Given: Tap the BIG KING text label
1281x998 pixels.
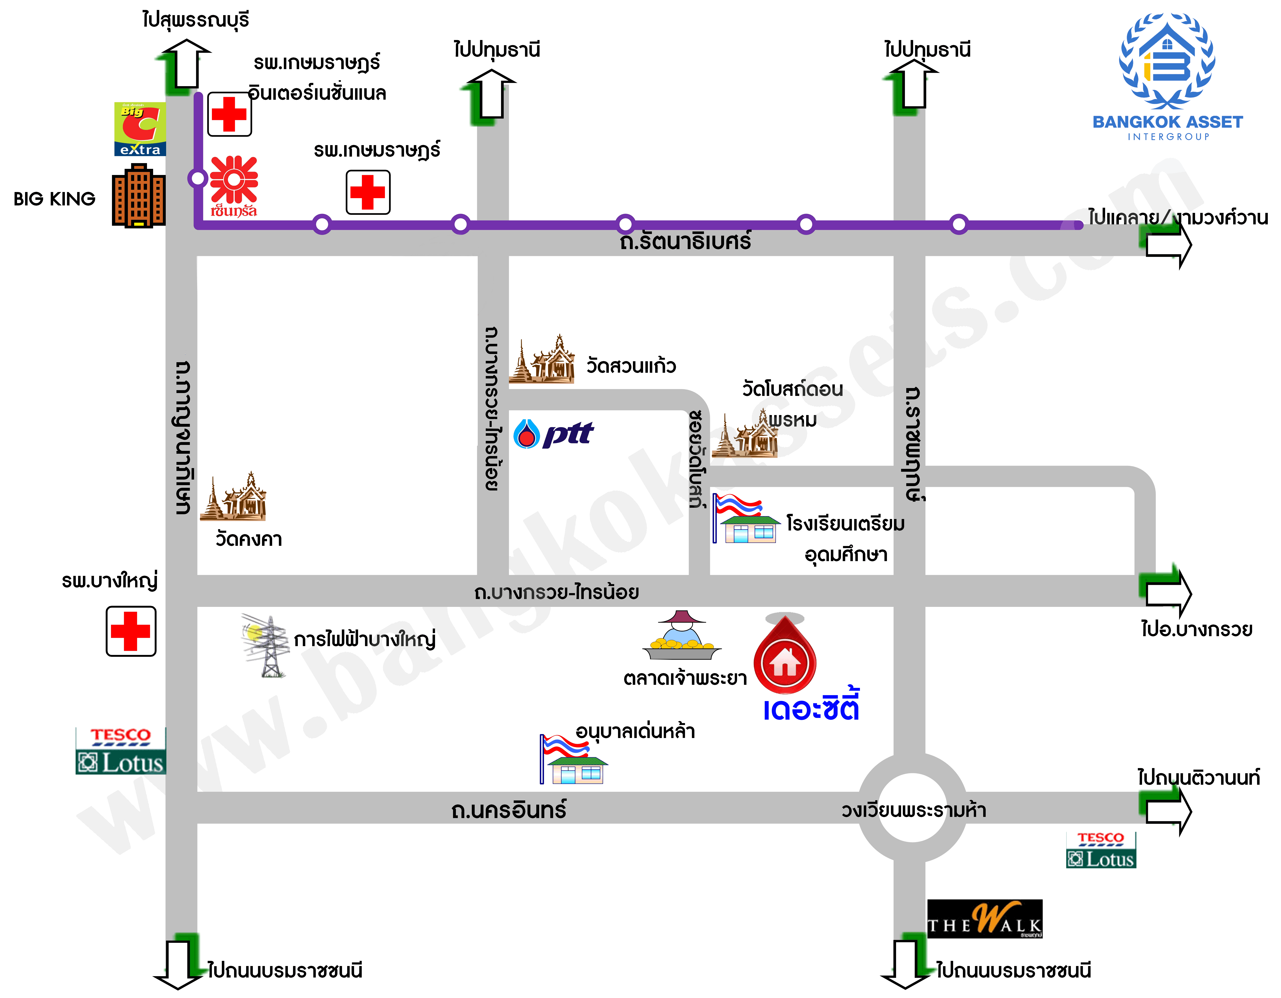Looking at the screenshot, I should (x=55, y=199).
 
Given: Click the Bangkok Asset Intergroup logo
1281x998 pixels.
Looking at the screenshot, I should (x=1167, y=76).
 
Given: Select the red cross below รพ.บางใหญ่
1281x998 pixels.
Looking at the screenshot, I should (x=131, y=631).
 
